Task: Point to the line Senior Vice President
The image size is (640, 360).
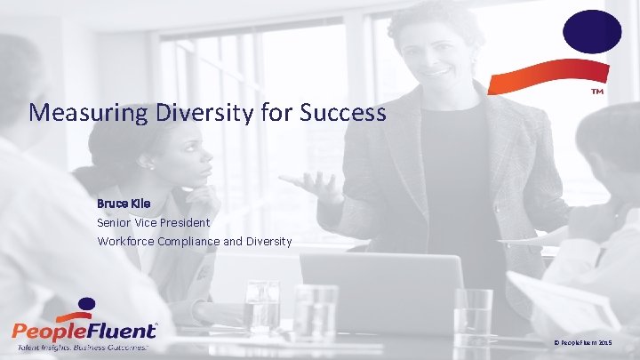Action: click(153, 222)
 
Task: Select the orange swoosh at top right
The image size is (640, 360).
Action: click(580, 77)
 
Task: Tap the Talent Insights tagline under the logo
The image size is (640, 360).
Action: click(80, 348)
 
